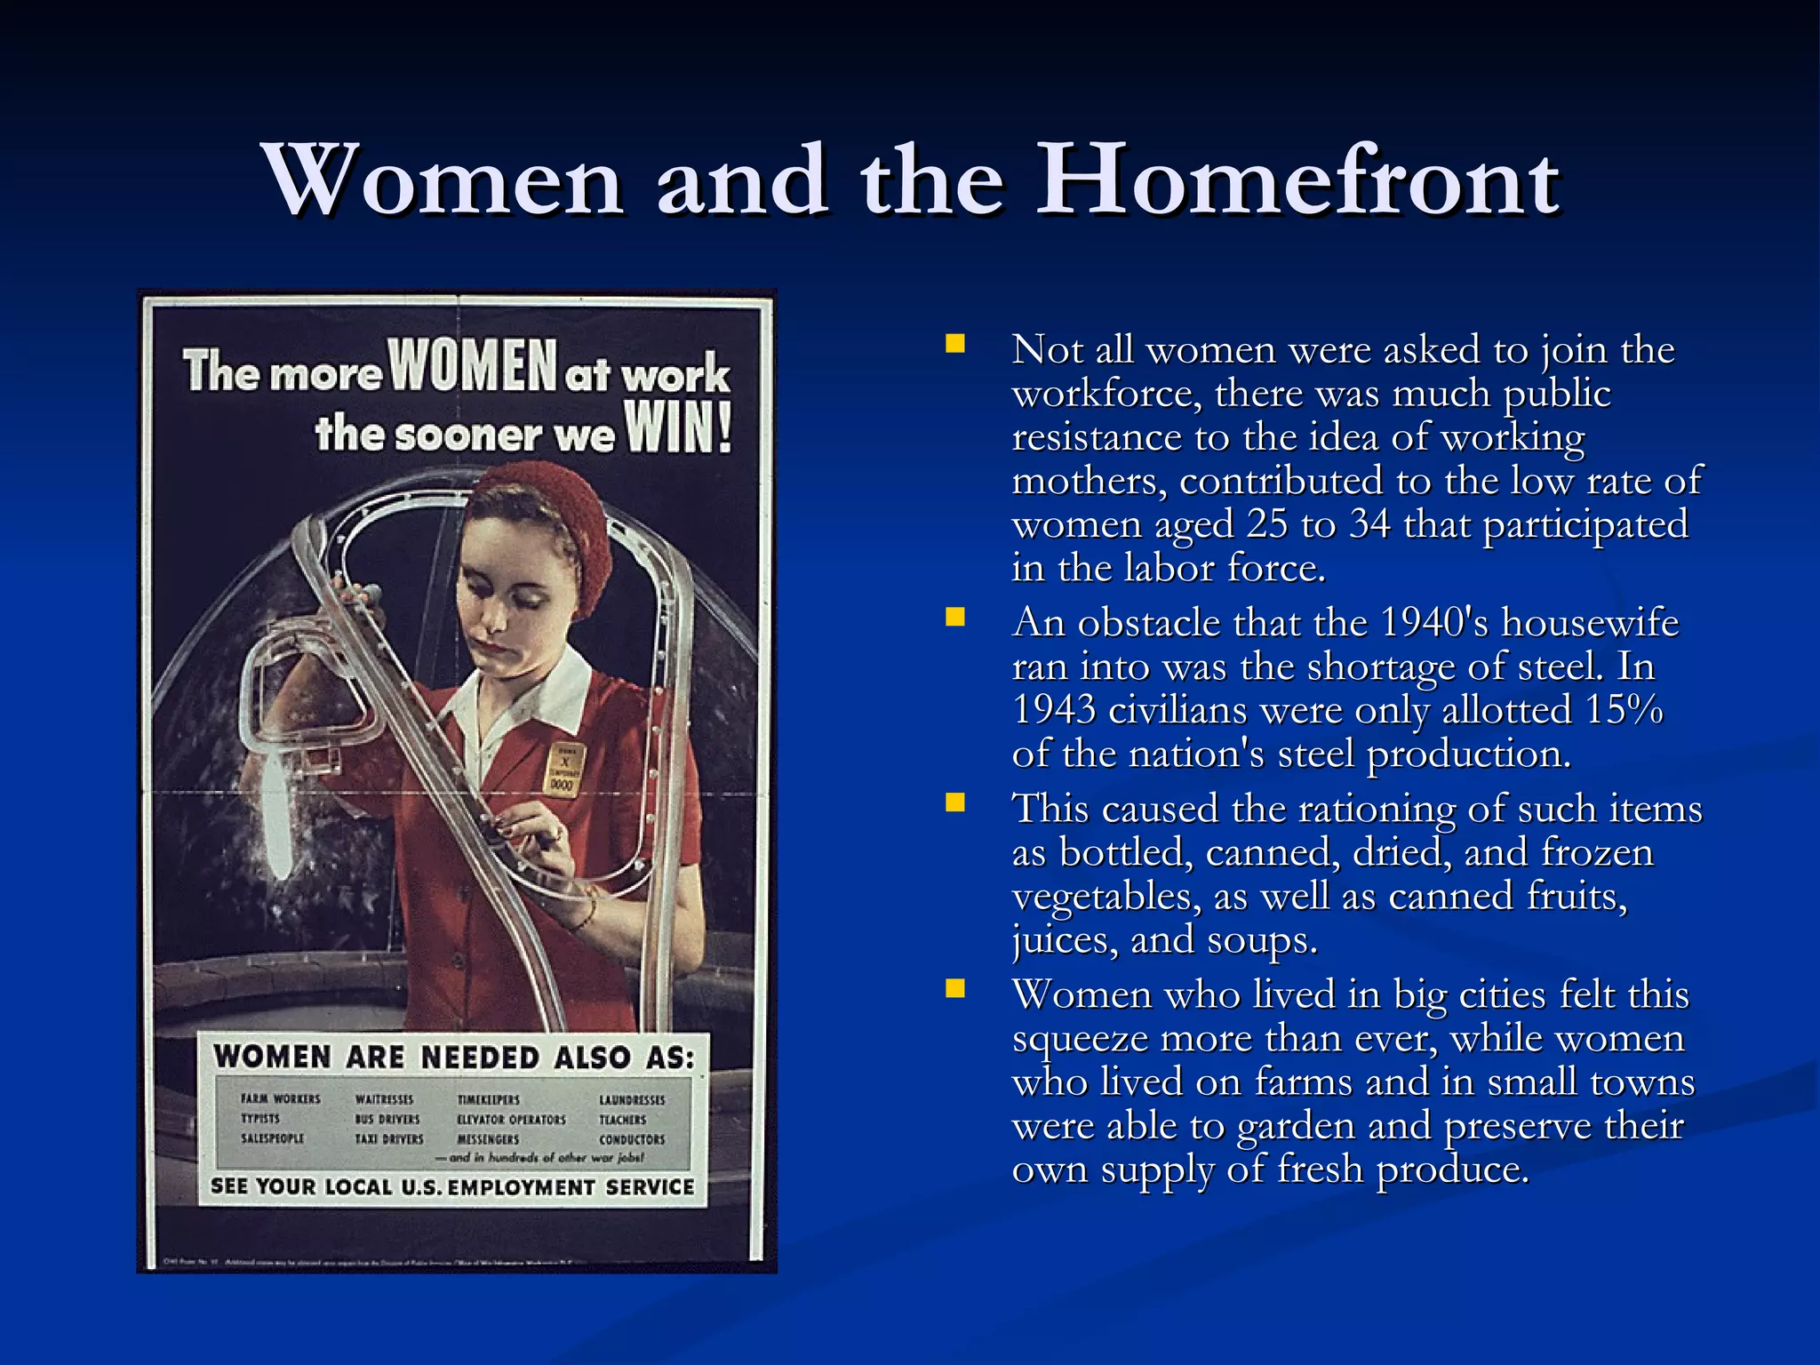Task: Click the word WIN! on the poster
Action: click(678, 428)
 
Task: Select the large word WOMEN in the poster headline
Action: click(473, 365)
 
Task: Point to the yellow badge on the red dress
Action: click(563, 768)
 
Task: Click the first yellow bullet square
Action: click(955, 344)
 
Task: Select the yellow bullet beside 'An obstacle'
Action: click(955, 617)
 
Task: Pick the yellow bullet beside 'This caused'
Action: click(955, 802)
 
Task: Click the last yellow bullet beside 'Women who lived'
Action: click(955, 988)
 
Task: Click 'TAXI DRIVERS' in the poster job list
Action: click(389, 1138)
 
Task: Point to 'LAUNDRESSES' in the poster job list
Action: click(631, 1100)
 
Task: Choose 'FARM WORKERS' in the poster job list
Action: click(280, 1099)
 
